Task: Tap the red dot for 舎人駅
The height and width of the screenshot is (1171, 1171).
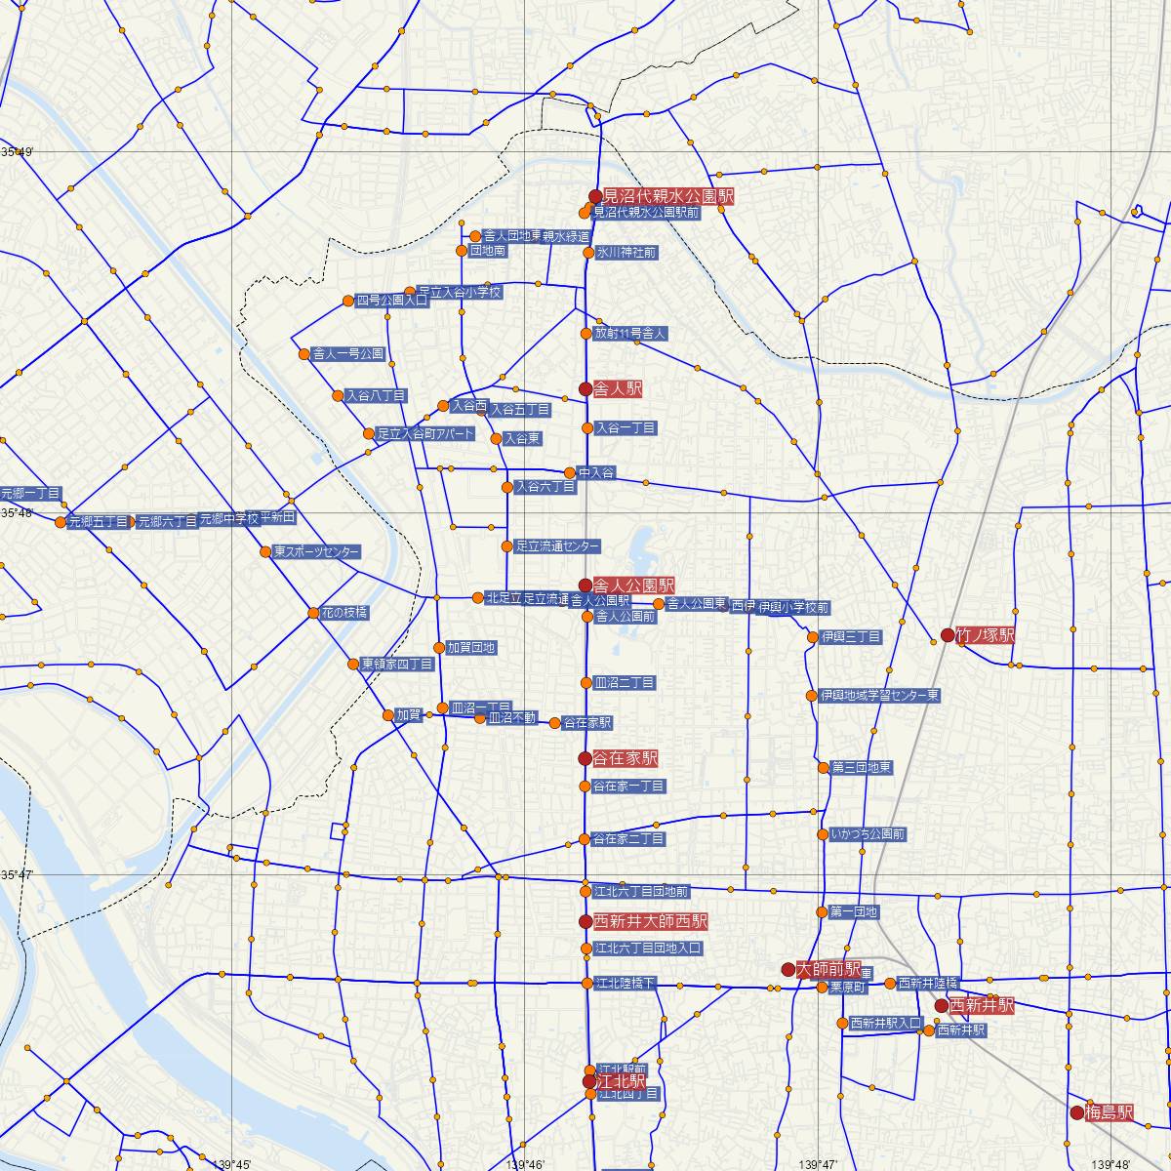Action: pos(585,389)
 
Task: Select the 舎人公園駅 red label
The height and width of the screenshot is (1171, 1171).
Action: pos(633,585)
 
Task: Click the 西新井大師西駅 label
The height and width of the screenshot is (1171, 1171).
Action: pos(650,921)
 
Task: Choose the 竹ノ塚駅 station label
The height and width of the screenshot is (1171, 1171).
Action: pos(986,635)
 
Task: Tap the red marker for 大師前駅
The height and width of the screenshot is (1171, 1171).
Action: pos(787,970)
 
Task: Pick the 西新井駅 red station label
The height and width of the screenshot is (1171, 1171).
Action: pos(982,1005)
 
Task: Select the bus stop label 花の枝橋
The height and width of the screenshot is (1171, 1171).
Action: pos(343,614)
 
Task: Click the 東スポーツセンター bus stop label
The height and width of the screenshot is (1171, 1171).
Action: pos(316,552)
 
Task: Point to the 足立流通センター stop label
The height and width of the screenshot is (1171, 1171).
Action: pos(558,546)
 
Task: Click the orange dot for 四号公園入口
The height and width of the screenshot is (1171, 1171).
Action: pos(348,301)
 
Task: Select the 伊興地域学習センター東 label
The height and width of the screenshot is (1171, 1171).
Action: pos(879,696)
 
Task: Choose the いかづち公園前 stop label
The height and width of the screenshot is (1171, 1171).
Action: pos(867,834)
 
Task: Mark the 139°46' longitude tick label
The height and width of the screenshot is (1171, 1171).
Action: pos(525,1164)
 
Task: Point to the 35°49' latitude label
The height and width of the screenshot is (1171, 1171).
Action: pos(17,152)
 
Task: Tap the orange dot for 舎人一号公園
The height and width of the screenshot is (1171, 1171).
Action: pos(305,354)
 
